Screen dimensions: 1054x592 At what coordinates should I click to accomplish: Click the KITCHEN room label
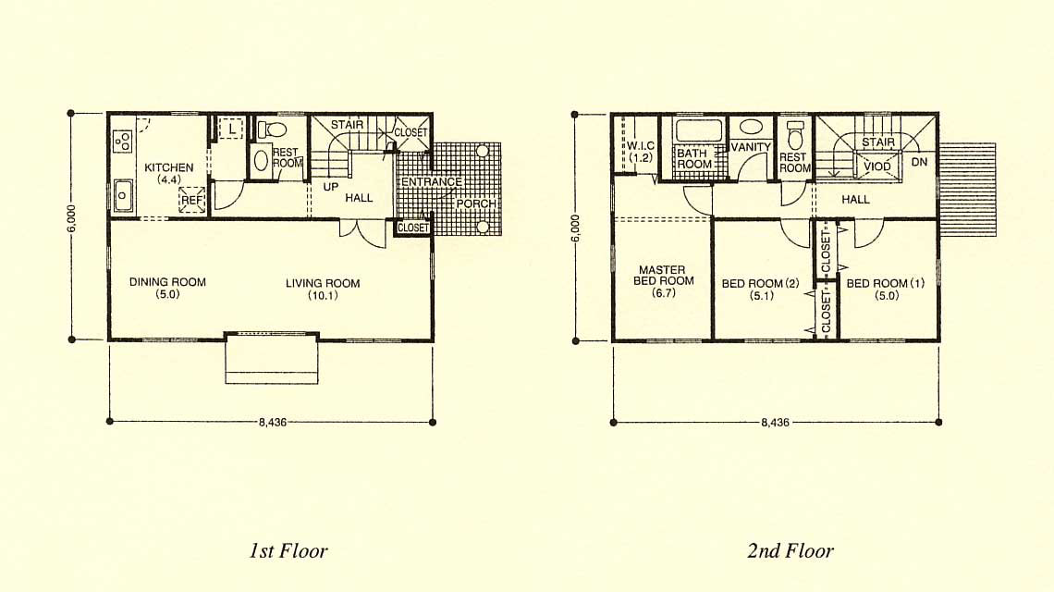(168, 167)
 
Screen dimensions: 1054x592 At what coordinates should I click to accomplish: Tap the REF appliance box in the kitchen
(191, 200)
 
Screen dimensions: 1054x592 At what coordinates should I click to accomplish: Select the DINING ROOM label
(167, 282)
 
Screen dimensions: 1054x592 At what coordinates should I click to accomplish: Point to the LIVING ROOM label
(323, 283)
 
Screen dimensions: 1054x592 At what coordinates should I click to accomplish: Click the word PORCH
(476, 203)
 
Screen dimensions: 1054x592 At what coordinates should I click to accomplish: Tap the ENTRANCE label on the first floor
(432, 181)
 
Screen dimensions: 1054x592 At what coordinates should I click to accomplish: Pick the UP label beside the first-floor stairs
(330, 186)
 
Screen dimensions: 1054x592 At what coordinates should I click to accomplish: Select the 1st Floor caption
(288, 551)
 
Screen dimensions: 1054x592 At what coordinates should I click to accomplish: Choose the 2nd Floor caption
(790, 551)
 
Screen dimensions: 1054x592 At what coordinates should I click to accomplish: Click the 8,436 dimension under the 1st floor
(272, 423)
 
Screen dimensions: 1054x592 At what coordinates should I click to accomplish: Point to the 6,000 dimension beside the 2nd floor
(575, 228)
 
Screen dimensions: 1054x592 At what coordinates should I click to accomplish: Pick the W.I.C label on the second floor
(641, 145)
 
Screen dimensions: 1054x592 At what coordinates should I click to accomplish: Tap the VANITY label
(750, 147)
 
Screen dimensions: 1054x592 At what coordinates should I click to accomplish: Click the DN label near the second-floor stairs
(919, 162)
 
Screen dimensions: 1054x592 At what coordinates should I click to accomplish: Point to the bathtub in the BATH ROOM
(698, 129)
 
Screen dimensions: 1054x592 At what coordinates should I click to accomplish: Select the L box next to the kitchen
(230, 128)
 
